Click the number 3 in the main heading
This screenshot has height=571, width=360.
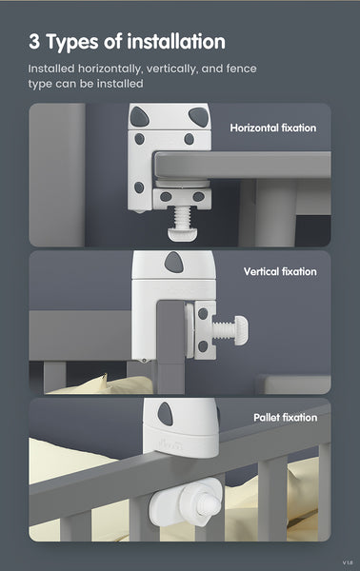pyautogui.click(x=34, y=42)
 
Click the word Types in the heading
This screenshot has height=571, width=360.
pyautogui.click(x=72, y=43)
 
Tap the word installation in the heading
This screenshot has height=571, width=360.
pyautogui.click(x=176, y=41)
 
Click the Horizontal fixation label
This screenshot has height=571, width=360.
pyautogui.click(x=273, y=128)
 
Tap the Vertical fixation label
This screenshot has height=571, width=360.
pyautogui.click(x=280, y=271)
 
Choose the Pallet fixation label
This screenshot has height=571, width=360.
pyautogui.click(x=286, y=418)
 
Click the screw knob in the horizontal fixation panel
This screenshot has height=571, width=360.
pyautogui.click(x=182, y=233)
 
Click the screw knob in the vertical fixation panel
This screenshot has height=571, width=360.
pyautogui.click(x=241, y=330)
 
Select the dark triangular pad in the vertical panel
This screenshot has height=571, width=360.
pyautogui.click(x=173, y=262)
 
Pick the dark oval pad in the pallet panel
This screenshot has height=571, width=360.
pyautogui.click(x=166, y=414)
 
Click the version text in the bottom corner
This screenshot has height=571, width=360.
pyautogui.click(x=348, y=562)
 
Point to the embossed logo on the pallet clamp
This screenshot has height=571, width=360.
pyautogui.click(x=170, y=444)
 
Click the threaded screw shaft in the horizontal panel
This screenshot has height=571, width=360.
pyautogui.click(x=182, y=217)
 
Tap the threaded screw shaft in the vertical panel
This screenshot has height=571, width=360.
pyautogui.click(x=224, y=330)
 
